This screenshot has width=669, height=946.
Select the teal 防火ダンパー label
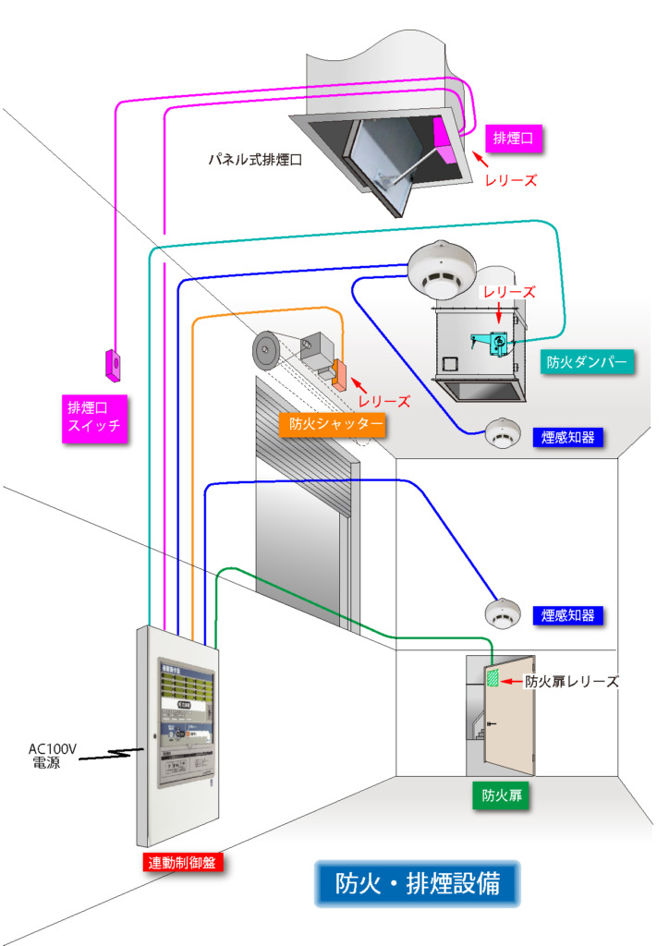[x=588, y=363]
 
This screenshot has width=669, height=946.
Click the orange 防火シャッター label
[x=330, y=424]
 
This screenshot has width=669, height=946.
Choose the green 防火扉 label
[x=500, y=795]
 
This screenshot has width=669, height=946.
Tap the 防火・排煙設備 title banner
[x=418, y=883]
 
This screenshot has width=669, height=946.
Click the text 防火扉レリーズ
[x=571, y=682]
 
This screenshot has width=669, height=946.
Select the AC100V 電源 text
[x=52, y=757]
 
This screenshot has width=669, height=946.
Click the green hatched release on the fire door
[x=494, y=679]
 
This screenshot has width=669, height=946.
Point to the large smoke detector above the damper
[x=440, y=267]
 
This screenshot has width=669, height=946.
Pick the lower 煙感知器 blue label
[x=568, y=615]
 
